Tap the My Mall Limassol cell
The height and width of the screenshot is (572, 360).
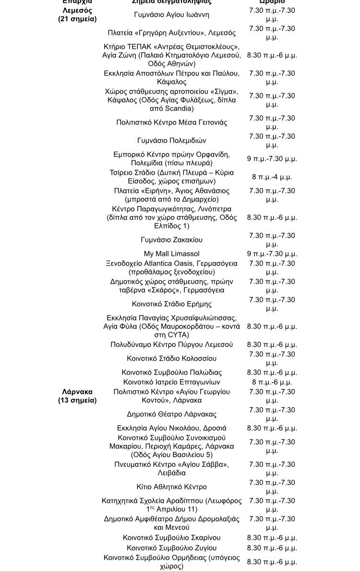[x=171, y=254]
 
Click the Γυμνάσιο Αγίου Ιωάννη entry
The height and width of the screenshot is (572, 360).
[x=171, y=15]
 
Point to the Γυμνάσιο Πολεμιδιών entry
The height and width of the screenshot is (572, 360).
[x=171, y=141]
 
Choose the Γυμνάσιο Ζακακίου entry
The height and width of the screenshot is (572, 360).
[x=171, y=240]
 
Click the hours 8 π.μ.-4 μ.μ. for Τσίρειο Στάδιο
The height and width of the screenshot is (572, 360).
[x=272, y=177]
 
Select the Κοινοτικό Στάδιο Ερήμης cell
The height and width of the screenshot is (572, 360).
[x=171, y=304]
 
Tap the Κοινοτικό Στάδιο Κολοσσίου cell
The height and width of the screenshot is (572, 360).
[x=171, y=358]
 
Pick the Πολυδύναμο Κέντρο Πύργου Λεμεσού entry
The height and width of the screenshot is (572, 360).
[x=171, y=344]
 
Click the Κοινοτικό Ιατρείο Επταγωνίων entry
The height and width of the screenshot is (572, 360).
[x=171, y=382]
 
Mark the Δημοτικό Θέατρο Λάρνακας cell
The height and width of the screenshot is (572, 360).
[x=171, y=414]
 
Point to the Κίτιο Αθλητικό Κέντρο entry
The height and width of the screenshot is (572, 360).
[x=171, y=487]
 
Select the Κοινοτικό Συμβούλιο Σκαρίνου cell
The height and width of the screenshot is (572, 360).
[x=171, y=538]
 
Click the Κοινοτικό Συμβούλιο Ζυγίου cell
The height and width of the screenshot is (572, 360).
[x=171, y=548]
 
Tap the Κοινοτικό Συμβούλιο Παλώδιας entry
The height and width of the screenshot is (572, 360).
[x=171, y=372]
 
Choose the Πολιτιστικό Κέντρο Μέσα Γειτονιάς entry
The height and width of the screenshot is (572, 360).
[x=171, y=122]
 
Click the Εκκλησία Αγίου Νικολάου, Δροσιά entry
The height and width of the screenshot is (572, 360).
[x=171, y=428]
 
